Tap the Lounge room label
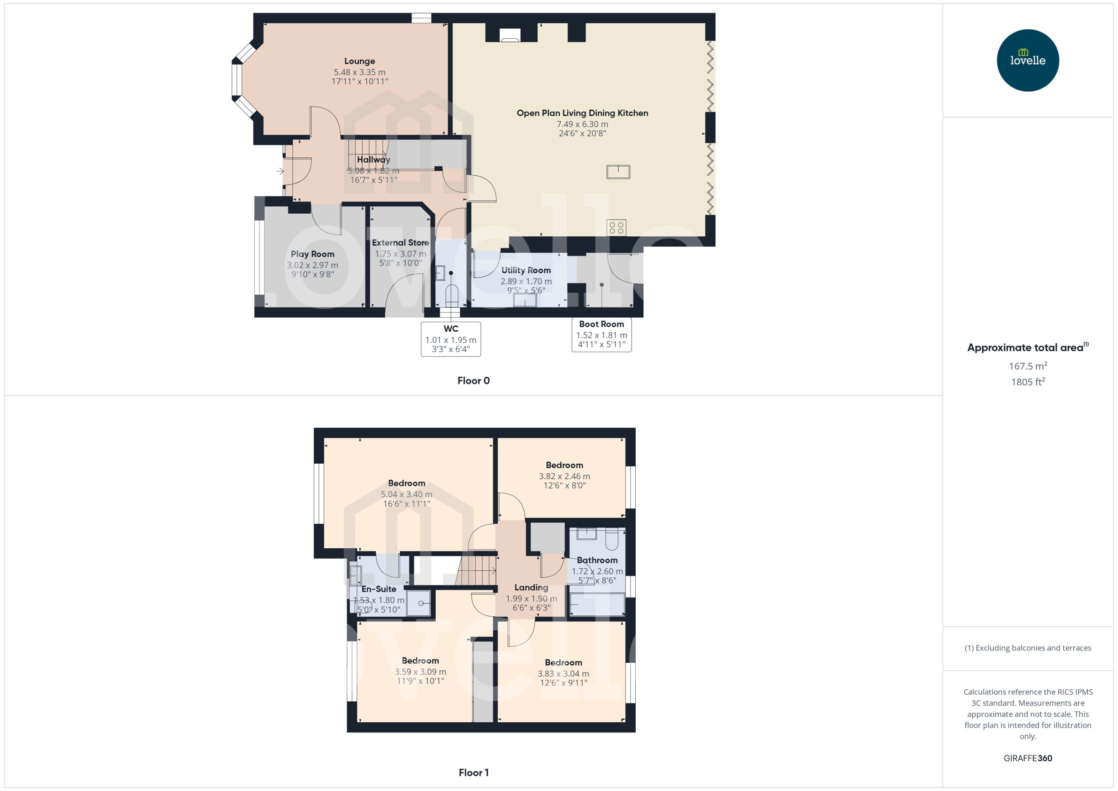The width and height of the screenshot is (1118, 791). (359, 61)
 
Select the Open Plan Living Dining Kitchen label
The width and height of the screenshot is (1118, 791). (582, 113)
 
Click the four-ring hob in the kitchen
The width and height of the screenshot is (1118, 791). (616, 227)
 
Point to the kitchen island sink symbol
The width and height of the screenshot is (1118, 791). (618, 171)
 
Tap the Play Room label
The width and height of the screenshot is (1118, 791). (312, 254)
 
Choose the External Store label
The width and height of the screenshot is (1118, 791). (401, 243)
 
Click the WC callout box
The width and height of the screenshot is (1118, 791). (451, 339)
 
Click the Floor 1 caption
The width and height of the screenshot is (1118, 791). (473, 772)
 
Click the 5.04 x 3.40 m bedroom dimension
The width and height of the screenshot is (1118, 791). (406, 494)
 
